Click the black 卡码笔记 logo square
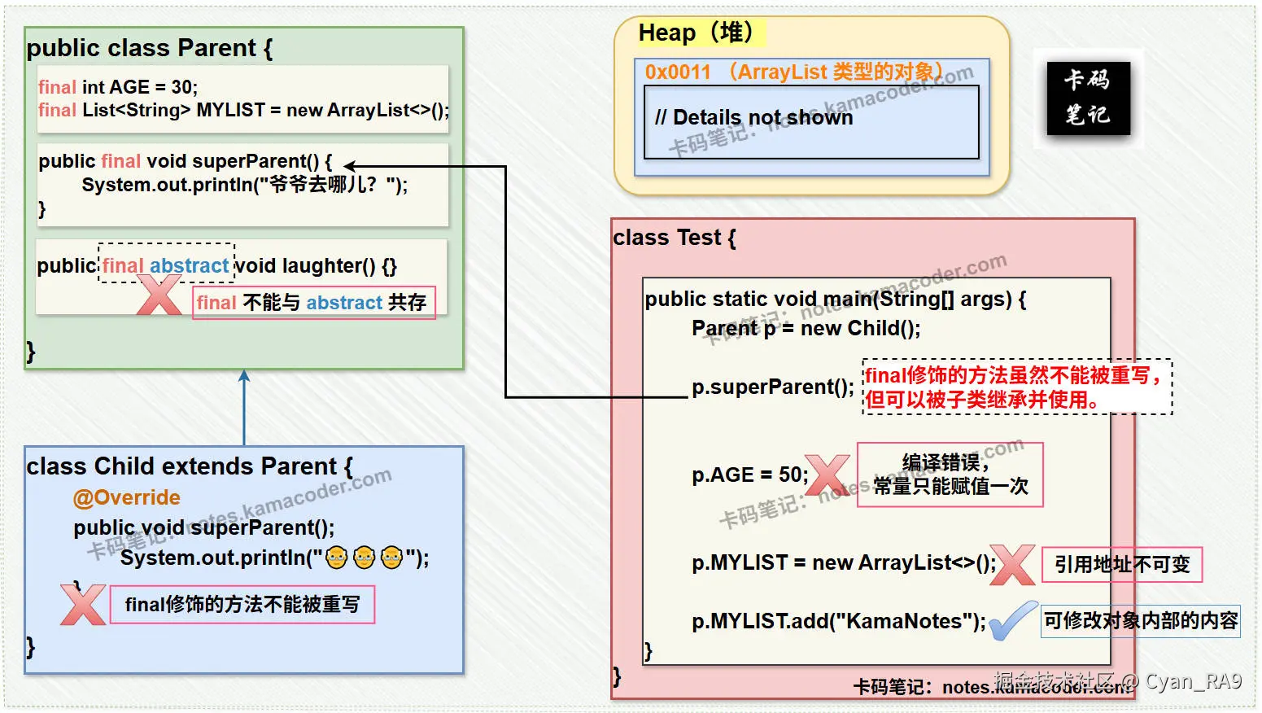[1088, 98]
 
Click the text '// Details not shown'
[753, 118]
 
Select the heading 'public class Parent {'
[149, 48]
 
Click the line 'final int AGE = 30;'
[118, 87]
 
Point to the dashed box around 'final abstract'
[166, 263]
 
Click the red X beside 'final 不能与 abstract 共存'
[159, 295]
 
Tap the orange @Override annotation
[126, 497]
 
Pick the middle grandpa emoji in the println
[364, 558]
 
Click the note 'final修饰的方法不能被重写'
[242, 605]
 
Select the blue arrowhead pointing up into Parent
[244, 376]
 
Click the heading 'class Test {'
[674, 238]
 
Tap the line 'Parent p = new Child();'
[806, 328]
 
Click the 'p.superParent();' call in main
[772, 387]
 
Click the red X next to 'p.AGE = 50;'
[827, 475]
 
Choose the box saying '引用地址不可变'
[1121, 564]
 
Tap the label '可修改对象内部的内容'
[1140, 621]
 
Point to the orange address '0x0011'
[678, 72]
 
